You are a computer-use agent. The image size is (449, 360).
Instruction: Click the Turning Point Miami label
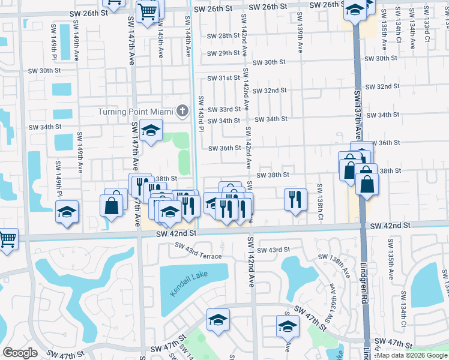(136, 112)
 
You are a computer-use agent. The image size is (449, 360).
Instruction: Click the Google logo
(20, 353)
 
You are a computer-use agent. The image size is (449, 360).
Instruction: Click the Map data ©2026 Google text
(411, 355)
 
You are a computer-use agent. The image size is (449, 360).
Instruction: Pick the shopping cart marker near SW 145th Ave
(147, 11)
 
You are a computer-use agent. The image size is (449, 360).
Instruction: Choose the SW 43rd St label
(274, 250)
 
